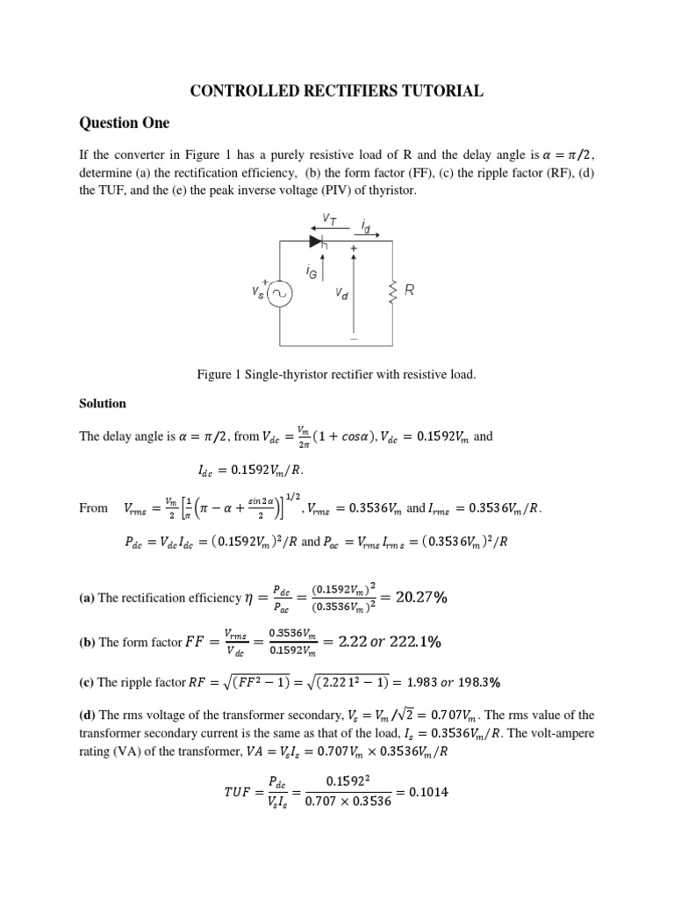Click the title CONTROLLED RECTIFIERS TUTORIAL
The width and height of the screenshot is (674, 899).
pos(337,90)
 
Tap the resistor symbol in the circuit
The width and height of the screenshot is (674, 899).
pos(392,291)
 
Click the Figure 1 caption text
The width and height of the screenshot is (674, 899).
pos(337,375)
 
